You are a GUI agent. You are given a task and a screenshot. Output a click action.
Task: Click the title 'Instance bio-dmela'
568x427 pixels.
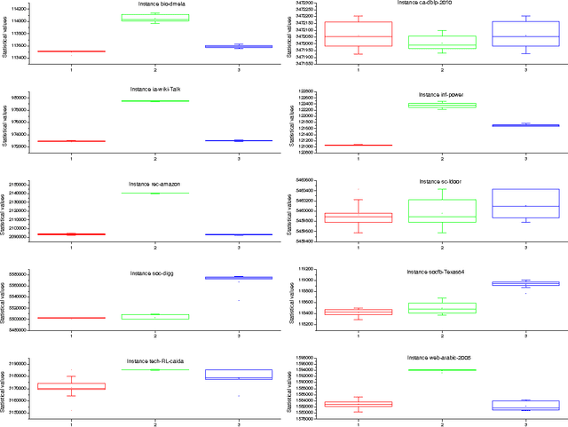[155, 5]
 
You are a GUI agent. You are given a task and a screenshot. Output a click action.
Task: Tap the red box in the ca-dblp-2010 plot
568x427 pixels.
[359, 35]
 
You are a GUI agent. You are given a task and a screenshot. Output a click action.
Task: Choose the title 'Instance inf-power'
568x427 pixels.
[441, 93]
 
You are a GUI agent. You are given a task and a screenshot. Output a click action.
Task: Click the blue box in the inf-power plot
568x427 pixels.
[525, 125]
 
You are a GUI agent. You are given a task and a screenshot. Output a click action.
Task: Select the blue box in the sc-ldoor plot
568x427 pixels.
[525, 203]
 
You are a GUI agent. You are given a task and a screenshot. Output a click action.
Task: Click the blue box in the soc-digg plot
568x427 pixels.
[238, 278]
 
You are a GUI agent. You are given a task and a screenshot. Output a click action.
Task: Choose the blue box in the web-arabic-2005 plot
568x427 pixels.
[525, 405]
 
